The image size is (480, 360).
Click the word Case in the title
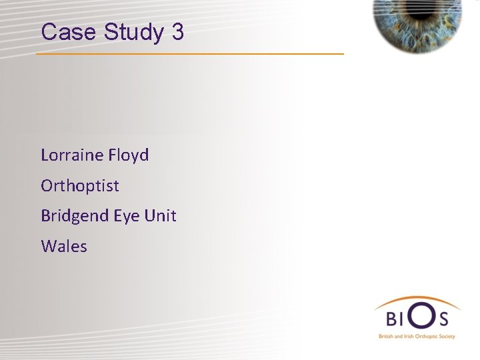[x=65, y=32]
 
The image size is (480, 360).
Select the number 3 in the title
[x=177, y=32]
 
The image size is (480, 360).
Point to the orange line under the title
[x=190, y=53]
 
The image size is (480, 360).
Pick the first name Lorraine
[x=72, y=155]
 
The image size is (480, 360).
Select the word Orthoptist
[x=80, y=186]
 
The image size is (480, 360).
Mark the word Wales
[x=64, y=247]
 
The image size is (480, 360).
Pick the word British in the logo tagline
[x=387, y=337]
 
